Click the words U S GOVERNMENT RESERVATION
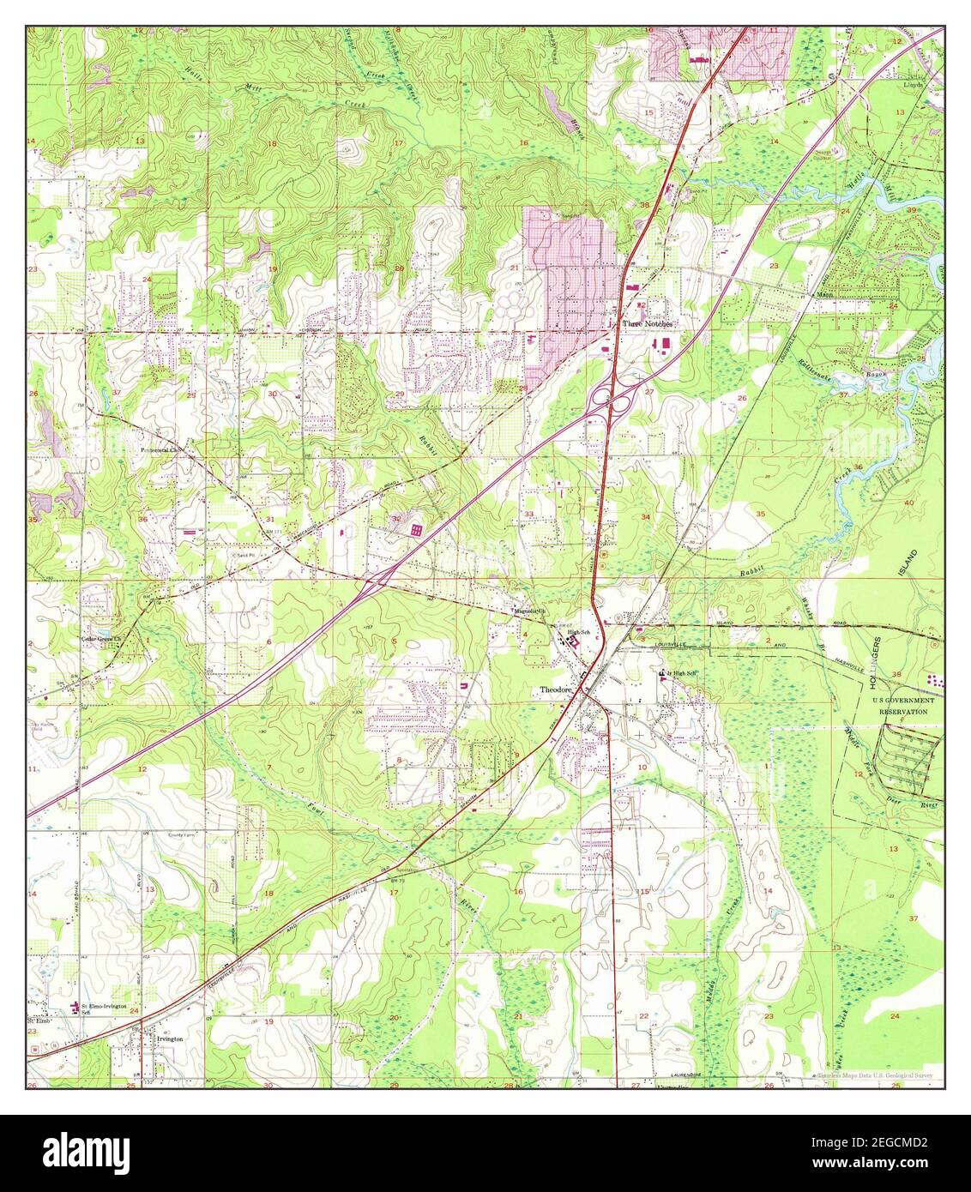901,706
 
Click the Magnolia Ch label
527,611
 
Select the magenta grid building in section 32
416,533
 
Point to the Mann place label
825,292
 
